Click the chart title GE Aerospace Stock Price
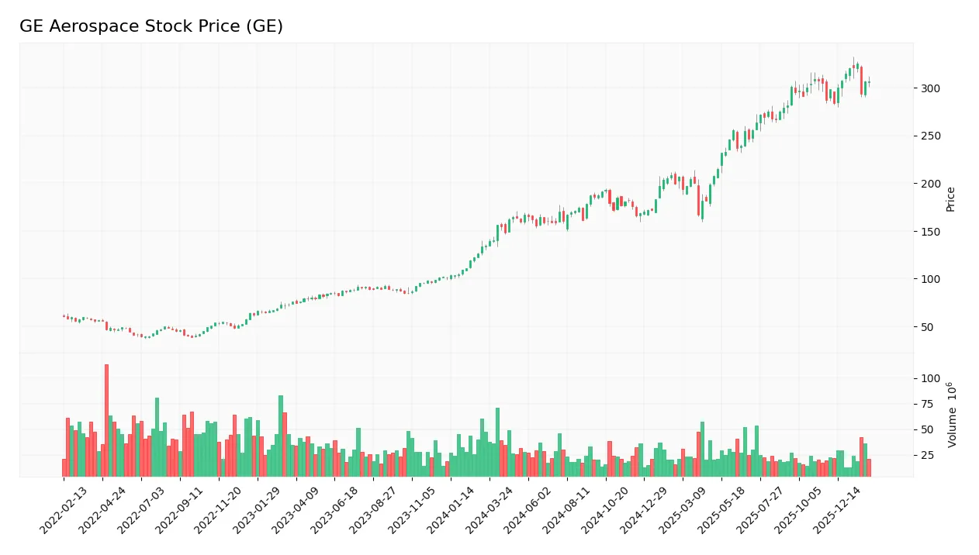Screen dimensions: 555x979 click(x=151, y=26)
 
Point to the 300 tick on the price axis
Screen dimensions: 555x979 click(x=930, y=88)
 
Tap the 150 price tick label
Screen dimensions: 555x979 click(x=930, y=232)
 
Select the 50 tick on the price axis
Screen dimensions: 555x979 click(x=927, y=327)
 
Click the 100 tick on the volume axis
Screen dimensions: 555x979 click(x=930, y=378)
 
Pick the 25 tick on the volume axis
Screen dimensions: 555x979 click(x=927, y=455)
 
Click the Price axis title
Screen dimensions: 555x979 click(x=950, y=199)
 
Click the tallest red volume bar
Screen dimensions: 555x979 click(x=106, y=420)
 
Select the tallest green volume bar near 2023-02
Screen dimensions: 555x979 click(x=281, y=436)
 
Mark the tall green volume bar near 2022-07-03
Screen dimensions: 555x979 click(x=157, y=437)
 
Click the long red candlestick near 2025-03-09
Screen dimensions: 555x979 click(x=699, y=200)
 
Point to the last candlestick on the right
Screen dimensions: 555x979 click(x=869, y=82)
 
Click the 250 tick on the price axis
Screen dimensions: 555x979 click(x=930, y=136)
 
